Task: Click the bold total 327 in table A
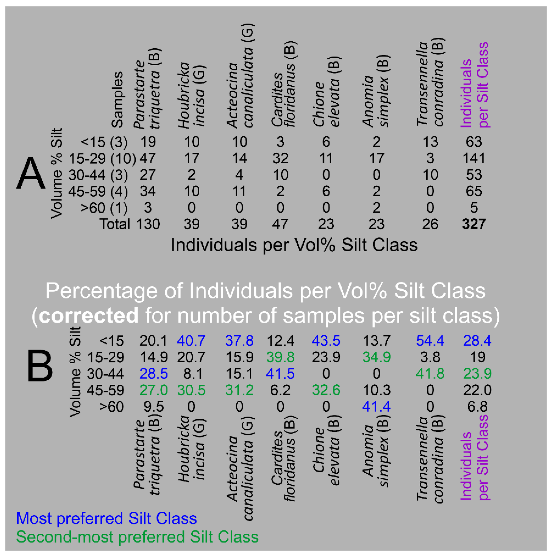474,224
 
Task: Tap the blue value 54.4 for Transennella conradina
430,341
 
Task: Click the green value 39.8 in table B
280,357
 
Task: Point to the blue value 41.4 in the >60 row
376,407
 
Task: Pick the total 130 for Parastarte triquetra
148,224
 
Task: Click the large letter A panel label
31,174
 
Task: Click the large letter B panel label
40,366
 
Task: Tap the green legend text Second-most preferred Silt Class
137,537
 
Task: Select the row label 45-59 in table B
106,390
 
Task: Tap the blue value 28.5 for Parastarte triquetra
153,374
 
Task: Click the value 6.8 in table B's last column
477,407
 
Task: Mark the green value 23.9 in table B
477,374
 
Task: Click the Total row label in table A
115,224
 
